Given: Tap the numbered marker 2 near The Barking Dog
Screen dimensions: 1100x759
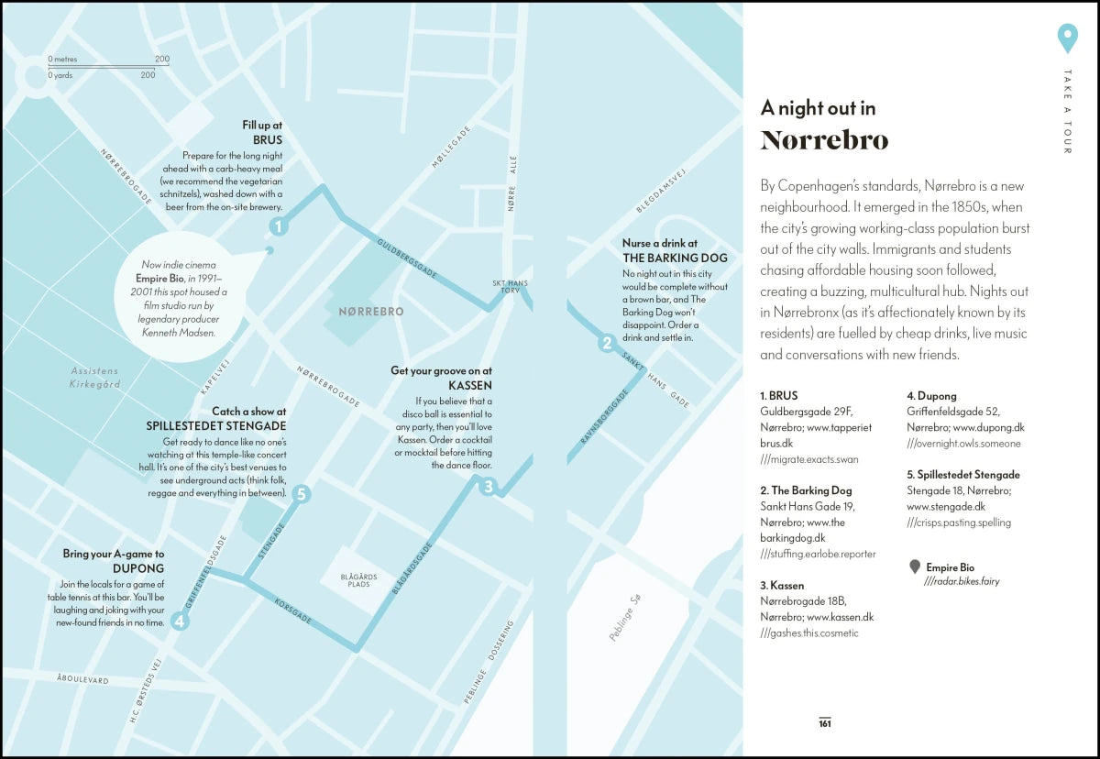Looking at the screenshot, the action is (x=606, y=344).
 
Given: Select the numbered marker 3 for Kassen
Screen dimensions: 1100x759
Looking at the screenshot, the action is (x=489, y=487).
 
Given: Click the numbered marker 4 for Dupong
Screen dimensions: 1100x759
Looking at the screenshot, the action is (x=180, y=621).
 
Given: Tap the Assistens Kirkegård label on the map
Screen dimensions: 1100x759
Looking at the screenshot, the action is (x=94, y=378).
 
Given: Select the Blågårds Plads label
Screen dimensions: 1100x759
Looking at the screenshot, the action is (x=352, y=580).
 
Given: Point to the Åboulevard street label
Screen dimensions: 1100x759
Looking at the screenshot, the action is (x=82, y=680).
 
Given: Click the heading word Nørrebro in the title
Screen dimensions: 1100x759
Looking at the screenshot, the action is (x=824, y=140).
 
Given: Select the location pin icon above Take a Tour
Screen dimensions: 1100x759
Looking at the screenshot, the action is (x=1066, y=39).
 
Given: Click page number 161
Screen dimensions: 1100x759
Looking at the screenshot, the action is (x=825, y=723).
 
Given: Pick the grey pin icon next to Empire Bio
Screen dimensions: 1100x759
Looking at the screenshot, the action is (x=914, y=567).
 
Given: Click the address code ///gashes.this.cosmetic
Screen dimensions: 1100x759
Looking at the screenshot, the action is (x=809, y=633).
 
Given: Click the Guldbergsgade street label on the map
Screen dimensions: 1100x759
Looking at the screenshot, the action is (x=408, y=259).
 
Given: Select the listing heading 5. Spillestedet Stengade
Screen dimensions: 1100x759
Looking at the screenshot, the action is (x=962, y=475).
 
